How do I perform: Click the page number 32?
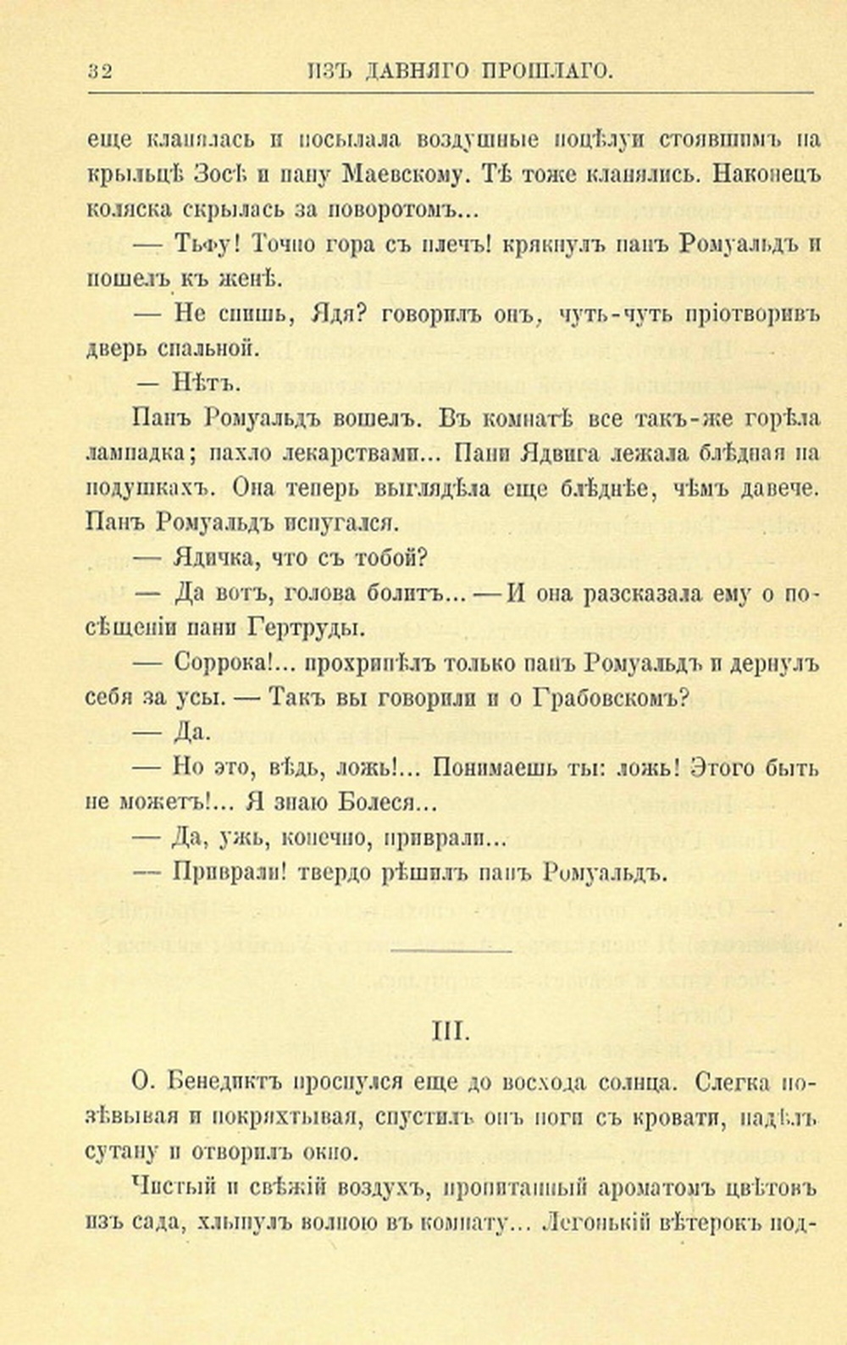pyautogui.click(x=100, y=72)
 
